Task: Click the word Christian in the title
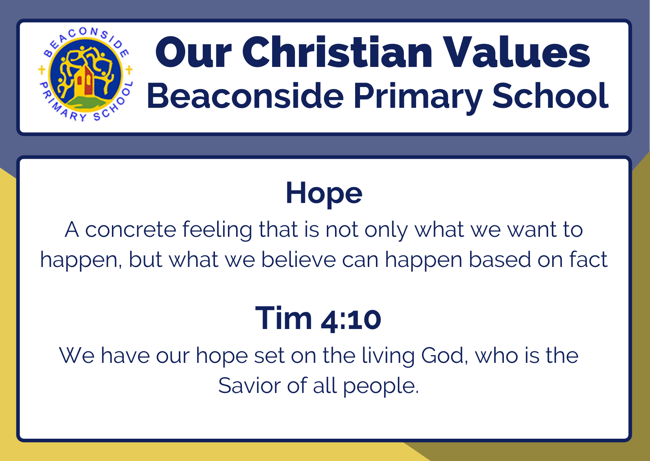click(x=337, y=52)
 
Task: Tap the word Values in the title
click(x=518, y=52)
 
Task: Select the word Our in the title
click(x=193, y=52)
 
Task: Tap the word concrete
click(x=131, y=230)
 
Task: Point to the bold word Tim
click(x=284, y=318)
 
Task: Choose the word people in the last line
click(x=381, y=387)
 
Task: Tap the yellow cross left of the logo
click(x=42, y=70)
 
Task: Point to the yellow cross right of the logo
click(x=129, y=70)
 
